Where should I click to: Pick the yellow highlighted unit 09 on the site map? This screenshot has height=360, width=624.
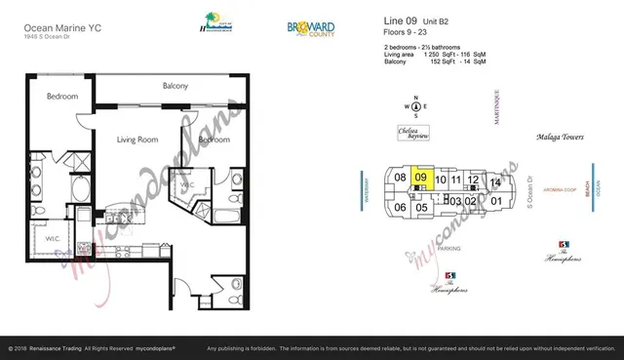421,179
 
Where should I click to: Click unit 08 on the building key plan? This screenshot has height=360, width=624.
399,178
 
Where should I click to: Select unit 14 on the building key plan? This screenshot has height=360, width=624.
495,182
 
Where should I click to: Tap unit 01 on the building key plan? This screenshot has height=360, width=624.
495,201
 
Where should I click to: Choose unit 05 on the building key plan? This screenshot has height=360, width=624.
421,207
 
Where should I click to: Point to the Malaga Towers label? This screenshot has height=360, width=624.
560,139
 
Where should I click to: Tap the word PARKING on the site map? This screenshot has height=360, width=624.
448,250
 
